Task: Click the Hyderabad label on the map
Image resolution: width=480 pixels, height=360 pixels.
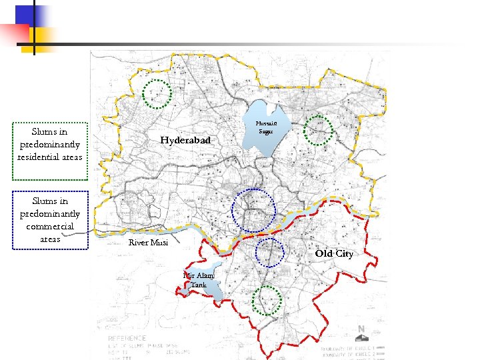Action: click(x=185, y=140)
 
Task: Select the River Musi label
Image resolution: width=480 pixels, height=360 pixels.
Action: click(x=148, y=243)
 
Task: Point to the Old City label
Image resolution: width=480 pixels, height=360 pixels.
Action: click(x=334, y=254)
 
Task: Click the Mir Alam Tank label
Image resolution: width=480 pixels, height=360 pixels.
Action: click(x=199, y=280)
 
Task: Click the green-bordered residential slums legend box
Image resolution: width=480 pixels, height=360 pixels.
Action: click(x=50, y=151)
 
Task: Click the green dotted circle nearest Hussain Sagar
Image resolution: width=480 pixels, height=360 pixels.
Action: click(x=319, y=130)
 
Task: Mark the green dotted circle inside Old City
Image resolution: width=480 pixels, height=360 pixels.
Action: click(x=267, y=300)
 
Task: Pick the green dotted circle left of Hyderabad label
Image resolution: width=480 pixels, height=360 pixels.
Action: click(x=158, y=94)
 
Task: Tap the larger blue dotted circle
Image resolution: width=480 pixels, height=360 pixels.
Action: click(x=253, y=211)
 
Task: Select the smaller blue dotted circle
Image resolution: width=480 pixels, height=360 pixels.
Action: click(x=269, y=252)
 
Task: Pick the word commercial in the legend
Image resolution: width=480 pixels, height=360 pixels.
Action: click(x=50, y=227)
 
